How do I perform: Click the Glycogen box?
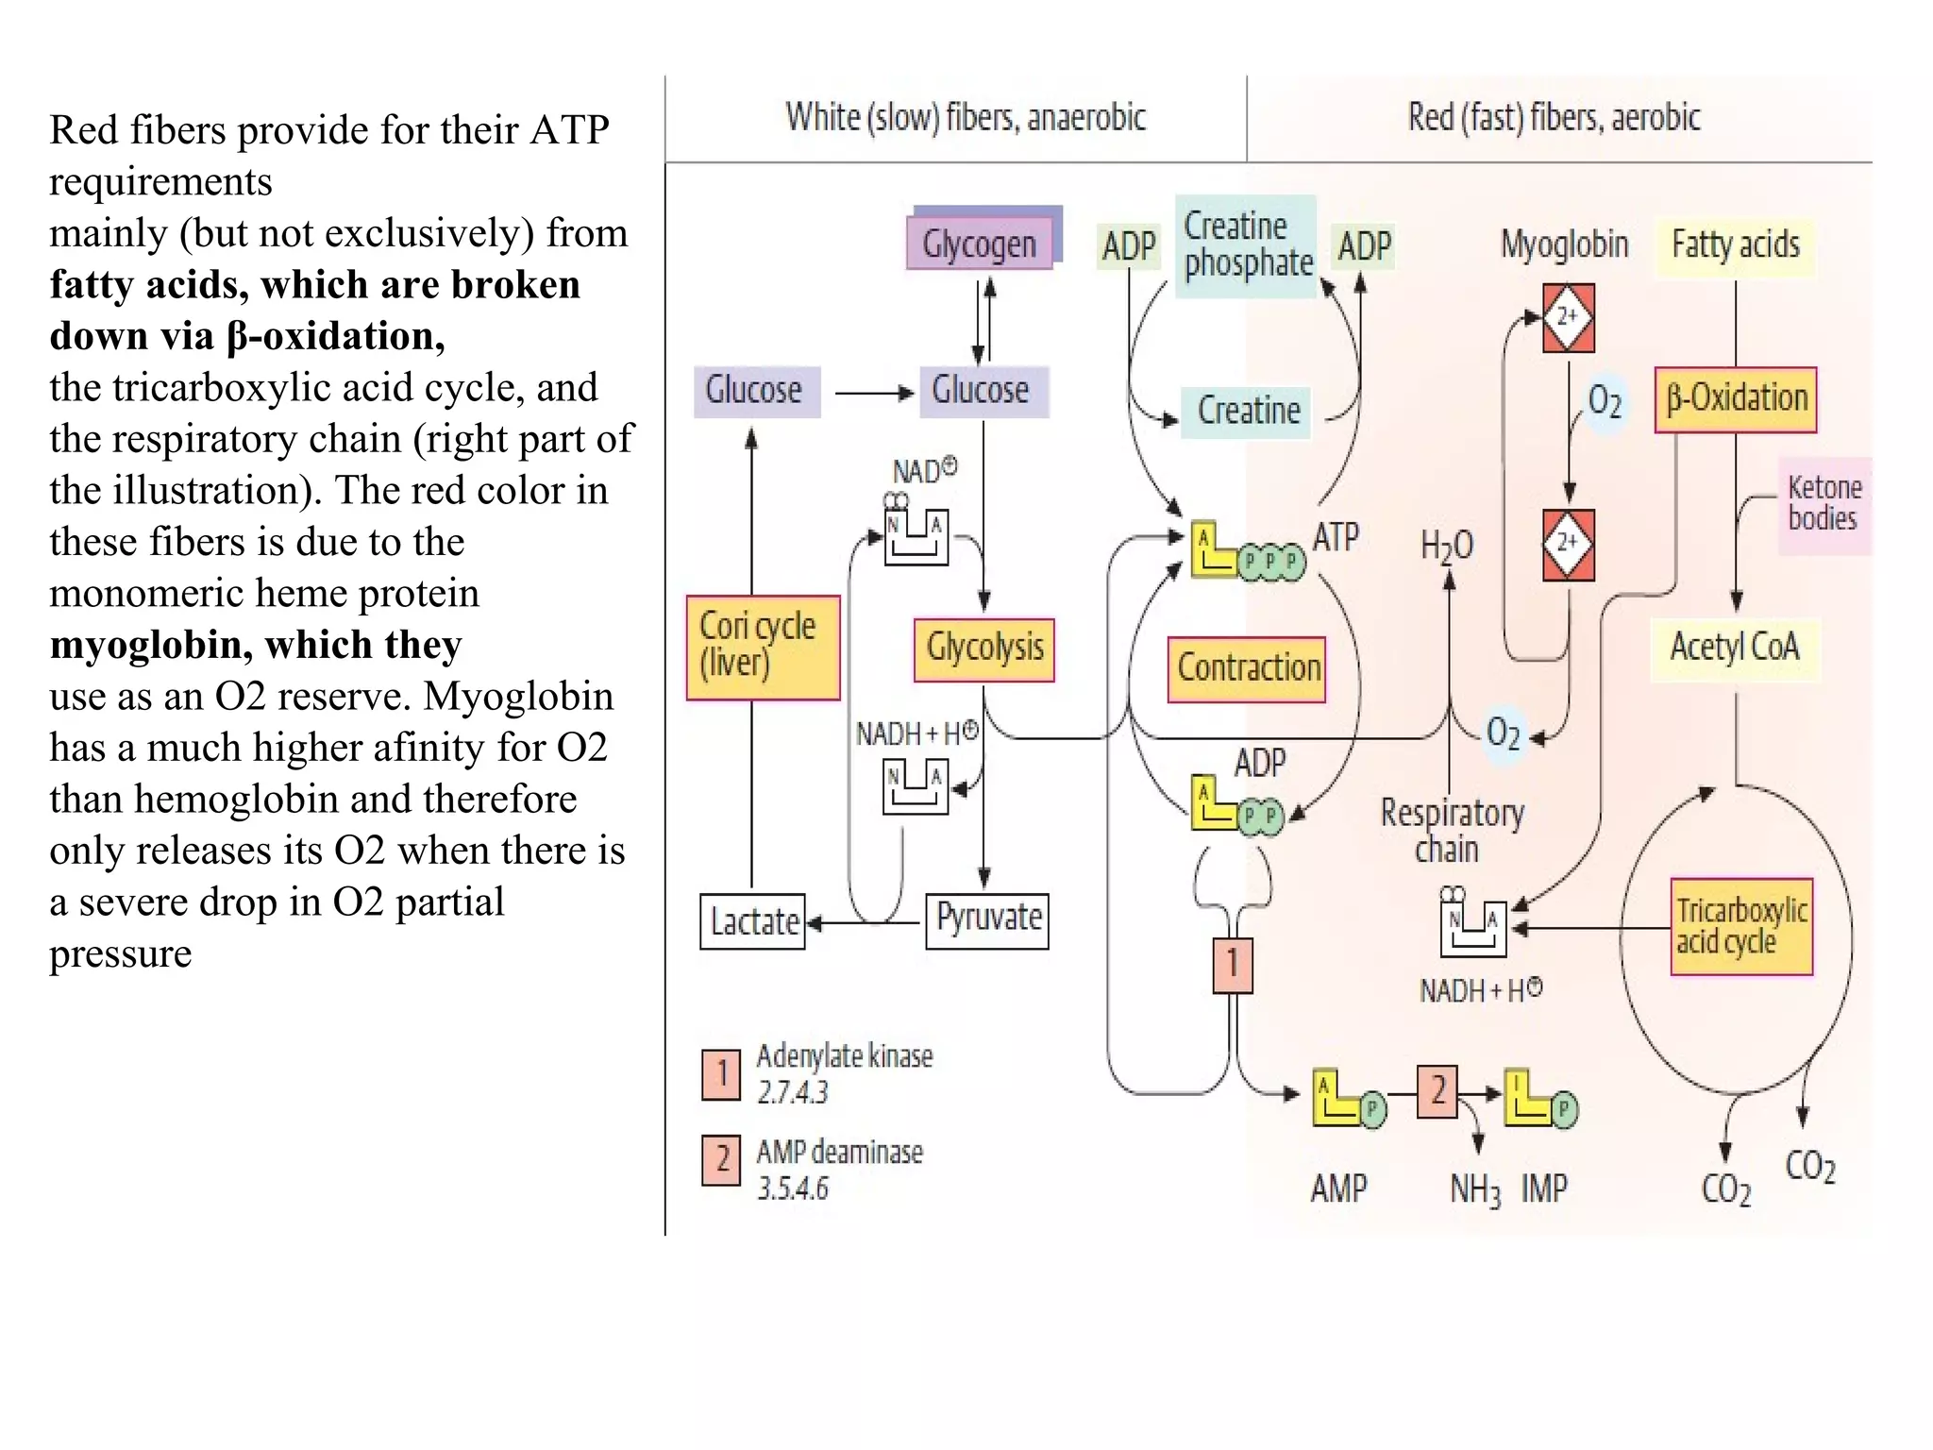[x=979, y=244]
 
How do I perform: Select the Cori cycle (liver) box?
[x=763, y=647]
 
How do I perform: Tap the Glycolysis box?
[x=983, y=649]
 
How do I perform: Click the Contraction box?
[x=1247, y=668]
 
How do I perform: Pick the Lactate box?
[x=752, y=921]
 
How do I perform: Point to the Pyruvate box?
[x=987, y=919]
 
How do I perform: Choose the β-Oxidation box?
[x=1735, y=399]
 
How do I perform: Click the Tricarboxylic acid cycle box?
[x=1741, y=926]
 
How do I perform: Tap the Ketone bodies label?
[x=1824, y=503]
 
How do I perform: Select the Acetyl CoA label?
[x=1734, y=648]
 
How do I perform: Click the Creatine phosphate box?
[x=1246, y=245]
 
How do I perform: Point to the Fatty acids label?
[x=1734, y=245]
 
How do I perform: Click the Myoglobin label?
[x=1564, y=244]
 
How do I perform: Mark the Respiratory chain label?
[x=1451, y=830]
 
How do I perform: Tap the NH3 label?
[x=1474, y=1189]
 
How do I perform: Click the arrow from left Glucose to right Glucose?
[x=874, y=392]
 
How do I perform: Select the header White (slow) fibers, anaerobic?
[x=965, y=118]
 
